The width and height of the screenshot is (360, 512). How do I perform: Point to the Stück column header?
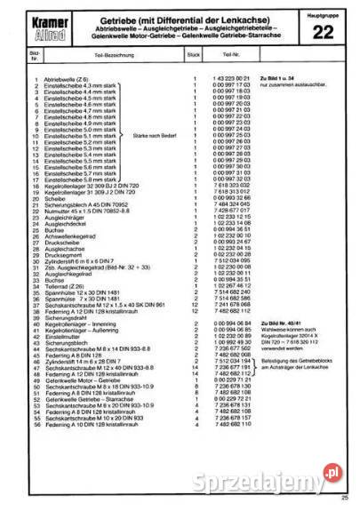click(x=193, y=55)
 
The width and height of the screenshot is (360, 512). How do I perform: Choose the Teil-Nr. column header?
click(x=225, y=55)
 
